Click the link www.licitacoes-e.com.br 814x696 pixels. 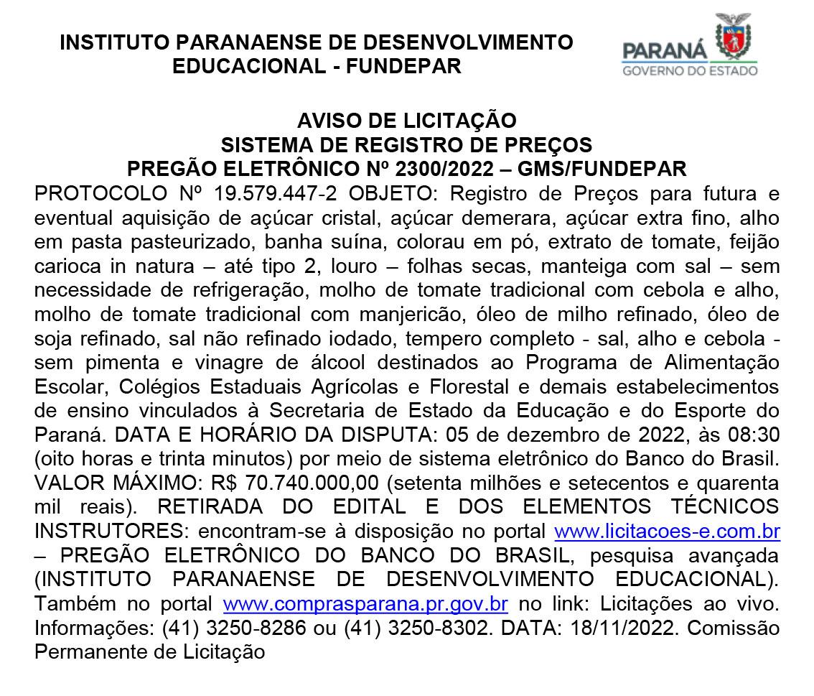[x=668, y=532]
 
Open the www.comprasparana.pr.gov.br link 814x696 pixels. [x=366, y=603]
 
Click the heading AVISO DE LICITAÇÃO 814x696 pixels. [x=407, y=120]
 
